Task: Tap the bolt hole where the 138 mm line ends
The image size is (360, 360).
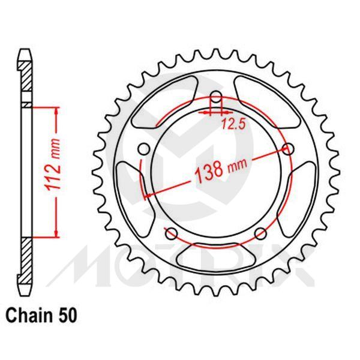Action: click(290, 149)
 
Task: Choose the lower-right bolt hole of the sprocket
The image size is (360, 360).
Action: click(260, 234)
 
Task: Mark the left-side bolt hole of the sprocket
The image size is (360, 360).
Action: click(143, 149)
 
